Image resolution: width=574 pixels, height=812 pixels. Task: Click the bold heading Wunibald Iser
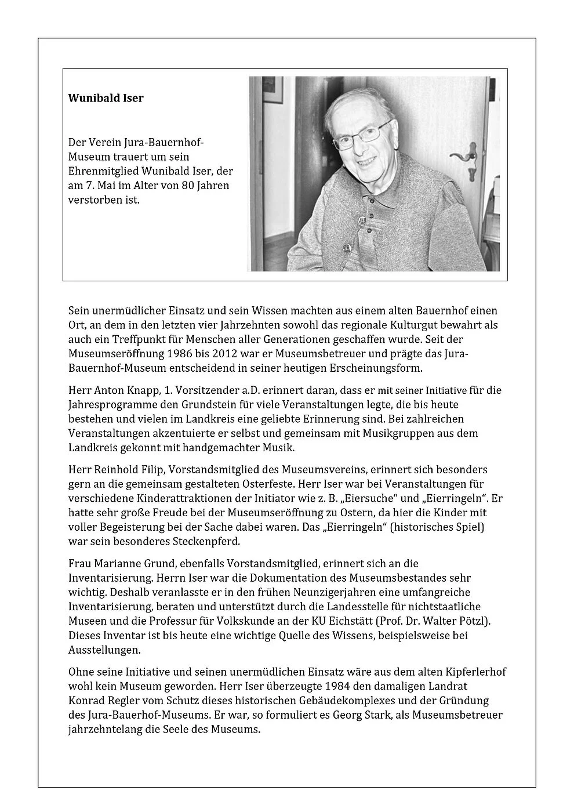(x=106, y=98)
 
